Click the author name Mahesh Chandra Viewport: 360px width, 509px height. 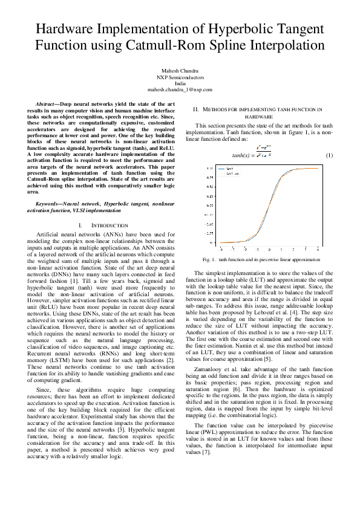[x=180, y=71]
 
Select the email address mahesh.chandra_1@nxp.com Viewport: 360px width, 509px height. [x=180, y=89]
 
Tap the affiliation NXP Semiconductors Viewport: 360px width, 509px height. [x=180, y=77]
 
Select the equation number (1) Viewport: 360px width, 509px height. [x=330, y=155]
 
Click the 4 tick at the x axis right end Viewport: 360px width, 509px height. [x=319, y=248]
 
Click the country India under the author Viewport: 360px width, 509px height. [x=180, y=83]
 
